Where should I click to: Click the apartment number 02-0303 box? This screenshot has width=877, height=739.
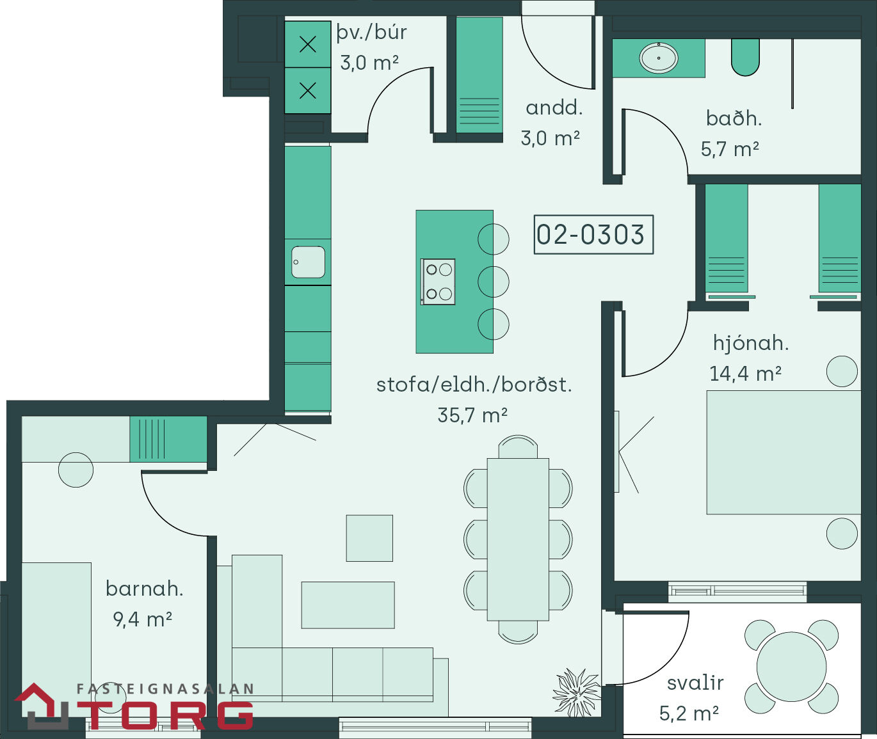(593, 234)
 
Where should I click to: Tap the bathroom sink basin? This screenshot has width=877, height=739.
(659, 58)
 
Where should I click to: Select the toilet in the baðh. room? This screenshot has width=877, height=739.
(745, 58)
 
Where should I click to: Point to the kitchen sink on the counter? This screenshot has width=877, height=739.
(308, 262)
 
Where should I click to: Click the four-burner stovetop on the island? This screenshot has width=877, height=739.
(438, 282)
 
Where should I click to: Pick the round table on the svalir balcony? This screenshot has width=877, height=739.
(791, 666)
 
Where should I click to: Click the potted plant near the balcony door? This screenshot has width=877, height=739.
(578, 692)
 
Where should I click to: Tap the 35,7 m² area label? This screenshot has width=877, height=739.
(472, 415)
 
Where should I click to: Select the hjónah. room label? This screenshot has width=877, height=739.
(751, 343)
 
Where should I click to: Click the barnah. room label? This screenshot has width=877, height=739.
(145, 588)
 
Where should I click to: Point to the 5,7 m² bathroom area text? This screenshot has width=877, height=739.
(730, 149)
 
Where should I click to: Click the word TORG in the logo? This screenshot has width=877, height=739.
(170, 715)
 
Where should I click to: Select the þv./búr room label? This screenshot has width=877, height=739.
(372, 33)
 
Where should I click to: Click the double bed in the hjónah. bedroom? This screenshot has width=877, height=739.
(784, 452)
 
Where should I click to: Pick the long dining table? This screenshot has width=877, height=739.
(518, 539)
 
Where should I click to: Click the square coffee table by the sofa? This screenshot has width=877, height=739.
(369, 538)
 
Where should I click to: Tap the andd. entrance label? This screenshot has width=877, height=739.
(554, 108)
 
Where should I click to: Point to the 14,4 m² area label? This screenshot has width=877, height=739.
(746, 373)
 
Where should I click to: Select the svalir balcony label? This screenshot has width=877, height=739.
(695, 683)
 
